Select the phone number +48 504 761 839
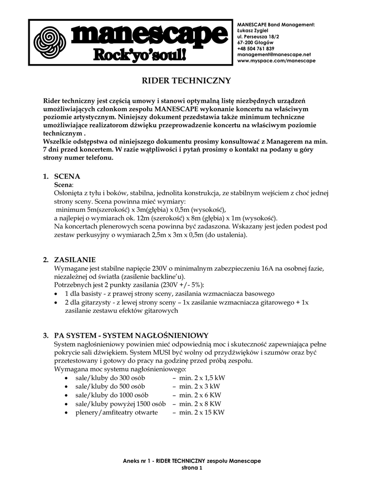(x=256, y=49)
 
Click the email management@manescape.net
(x=274, y=55)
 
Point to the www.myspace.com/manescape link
(x=276, y=61)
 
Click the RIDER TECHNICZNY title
(x=186, y=81)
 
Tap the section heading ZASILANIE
(x=75, y=259)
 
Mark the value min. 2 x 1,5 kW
(x=199, y=378)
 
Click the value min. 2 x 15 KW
(x=199, y=412)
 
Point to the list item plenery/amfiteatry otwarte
(x=116, y=412)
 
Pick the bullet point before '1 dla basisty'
(x=57, y=294)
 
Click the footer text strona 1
(x=191, y=468)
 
